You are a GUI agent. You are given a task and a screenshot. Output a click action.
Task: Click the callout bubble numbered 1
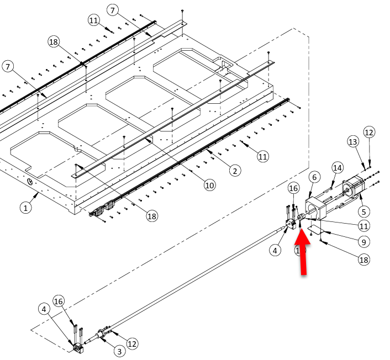[25, 208]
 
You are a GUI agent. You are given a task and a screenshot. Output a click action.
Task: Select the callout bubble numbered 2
[235, 171]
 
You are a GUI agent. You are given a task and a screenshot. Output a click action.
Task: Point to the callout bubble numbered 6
[314, 177]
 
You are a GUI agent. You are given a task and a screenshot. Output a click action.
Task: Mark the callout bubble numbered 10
[209, 186]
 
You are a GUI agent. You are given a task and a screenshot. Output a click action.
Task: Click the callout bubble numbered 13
[353, 142]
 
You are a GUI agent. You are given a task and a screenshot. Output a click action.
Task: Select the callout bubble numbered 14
[338, 167]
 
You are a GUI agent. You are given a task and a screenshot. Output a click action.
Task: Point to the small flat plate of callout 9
[317, 229]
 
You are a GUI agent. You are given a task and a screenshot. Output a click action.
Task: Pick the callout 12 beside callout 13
[369, 133]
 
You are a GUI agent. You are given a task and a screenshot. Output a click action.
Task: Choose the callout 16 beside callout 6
[293, 188]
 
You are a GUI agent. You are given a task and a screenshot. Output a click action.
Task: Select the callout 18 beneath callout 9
[363, 260]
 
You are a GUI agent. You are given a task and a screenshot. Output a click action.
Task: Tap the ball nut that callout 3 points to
[102, 333]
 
